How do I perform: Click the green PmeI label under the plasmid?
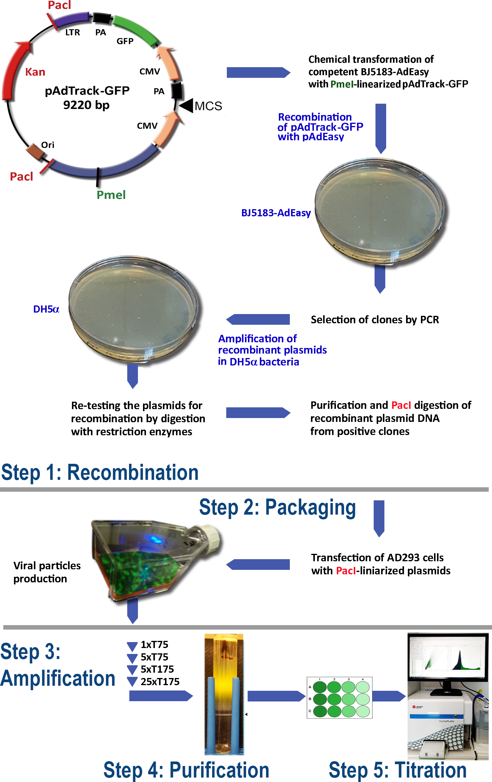111,195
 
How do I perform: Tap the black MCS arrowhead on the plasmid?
186,105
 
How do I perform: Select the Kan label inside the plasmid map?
35,72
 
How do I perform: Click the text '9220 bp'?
86,105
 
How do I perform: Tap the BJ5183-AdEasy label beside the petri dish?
276,213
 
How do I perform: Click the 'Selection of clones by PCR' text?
375,320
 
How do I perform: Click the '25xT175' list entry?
160,682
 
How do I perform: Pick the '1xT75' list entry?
154,645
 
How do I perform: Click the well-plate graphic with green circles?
339,698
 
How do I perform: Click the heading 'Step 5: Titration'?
397,770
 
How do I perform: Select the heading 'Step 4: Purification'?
186,770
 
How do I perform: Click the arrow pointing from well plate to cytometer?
389,696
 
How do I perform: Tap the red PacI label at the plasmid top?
59,5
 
